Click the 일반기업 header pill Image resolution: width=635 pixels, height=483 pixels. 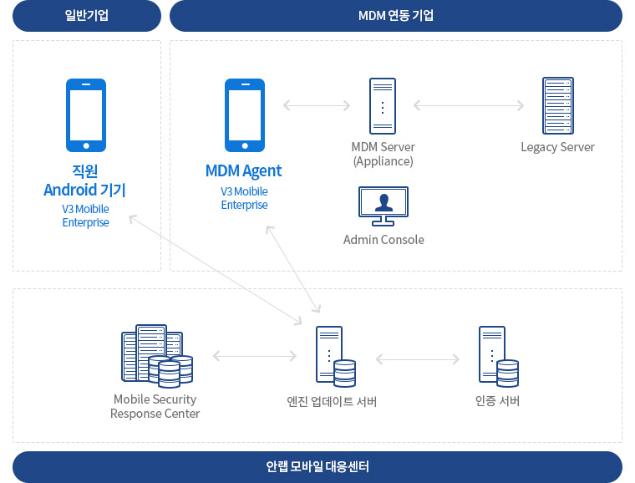[x=86, y=16]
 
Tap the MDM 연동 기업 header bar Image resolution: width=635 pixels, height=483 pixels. [x=395, y=16]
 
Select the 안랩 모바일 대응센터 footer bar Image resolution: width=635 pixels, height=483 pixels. [x=317, y=466]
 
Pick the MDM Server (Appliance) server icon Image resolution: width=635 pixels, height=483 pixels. [x=383, y=105]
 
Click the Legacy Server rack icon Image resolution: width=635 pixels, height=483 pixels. [x=557, y=105]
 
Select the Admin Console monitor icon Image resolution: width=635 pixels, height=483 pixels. [x=384, y=206]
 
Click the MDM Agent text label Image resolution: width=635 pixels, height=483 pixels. [x=243, y=171]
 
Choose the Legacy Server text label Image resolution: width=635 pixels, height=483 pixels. [x=557, y=147]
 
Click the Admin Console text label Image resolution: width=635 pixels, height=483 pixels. [x=384, y=240]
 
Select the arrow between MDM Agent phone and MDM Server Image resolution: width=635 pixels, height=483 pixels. [x=316, y=105]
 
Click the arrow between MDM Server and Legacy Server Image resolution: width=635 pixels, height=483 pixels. [x=468, y=105]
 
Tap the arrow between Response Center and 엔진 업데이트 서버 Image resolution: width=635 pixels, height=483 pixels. [x=255, y=356]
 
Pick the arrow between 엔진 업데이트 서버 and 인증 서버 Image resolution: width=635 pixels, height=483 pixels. [x=418, y=359]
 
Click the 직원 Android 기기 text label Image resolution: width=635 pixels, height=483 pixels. [x=85, y=180]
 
